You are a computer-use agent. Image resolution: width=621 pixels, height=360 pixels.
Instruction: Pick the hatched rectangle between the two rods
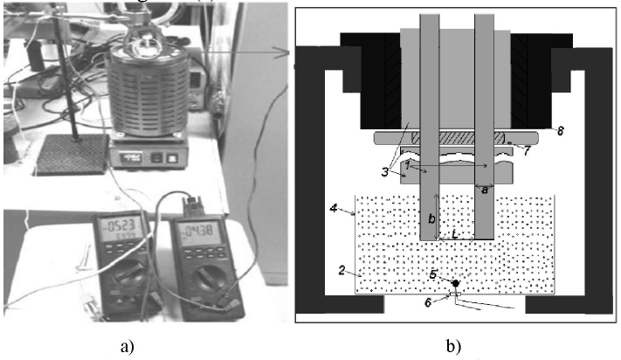click(x=463, y=138)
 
